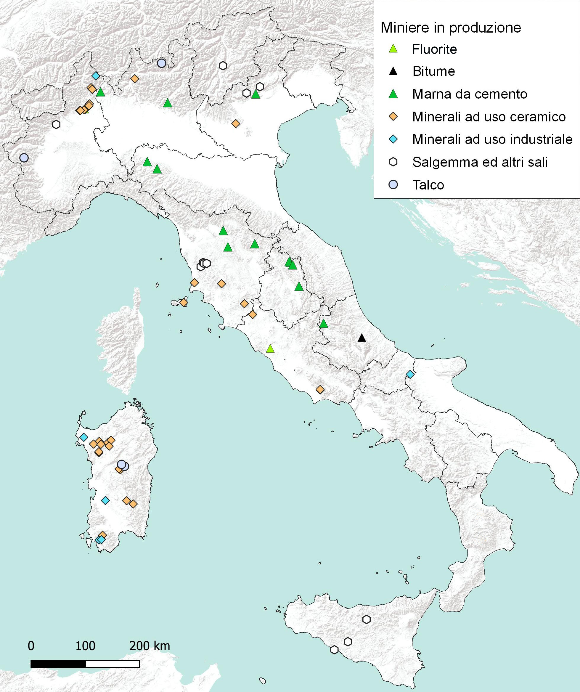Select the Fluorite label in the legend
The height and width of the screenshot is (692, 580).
[434, 49]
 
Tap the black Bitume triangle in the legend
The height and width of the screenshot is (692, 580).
[393, 71]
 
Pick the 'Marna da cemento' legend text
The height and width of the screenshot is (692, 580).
[469, 94]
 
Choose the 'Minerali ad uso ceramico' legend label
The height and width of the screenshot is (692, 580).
[489, 117]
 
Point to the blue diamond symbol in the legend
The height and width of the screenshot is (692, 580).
[393, 139]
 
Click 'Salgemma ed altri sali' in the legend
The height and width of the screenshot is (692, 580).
[480, 162]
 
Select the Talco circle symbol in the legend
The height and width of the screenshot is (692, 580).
[393, 185]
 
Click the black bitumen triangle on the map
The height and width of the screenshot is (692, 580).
[362, 338]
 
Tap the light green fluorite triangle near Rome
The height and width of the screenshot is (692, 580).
[270, 349]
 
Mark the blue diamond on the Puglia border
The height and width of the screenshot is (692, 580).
[410, 374]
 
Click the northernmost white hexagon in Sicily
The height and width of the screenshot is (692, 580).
[367, 619]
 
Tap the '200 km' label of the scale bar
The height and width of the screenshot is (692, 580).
[150, 646]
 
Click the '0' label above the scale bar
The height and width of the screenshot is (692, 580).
[31, 646]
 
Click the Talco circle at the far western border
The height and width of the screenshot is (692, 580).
[24, 158]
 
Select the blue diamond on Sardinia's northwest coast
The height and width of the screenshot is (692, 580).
[84, 437]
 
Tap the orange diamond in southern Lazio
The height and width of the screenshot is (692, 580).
[320, 389]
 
